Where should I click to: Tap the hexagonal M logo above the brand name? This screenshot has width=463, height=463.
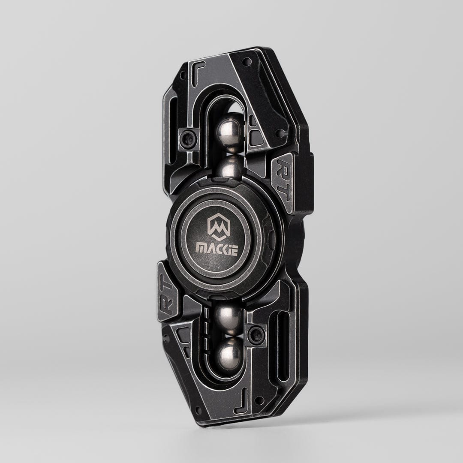coord(219,226)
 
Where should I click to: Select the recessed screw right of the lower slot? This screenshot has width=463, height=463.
coord(257,334)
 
